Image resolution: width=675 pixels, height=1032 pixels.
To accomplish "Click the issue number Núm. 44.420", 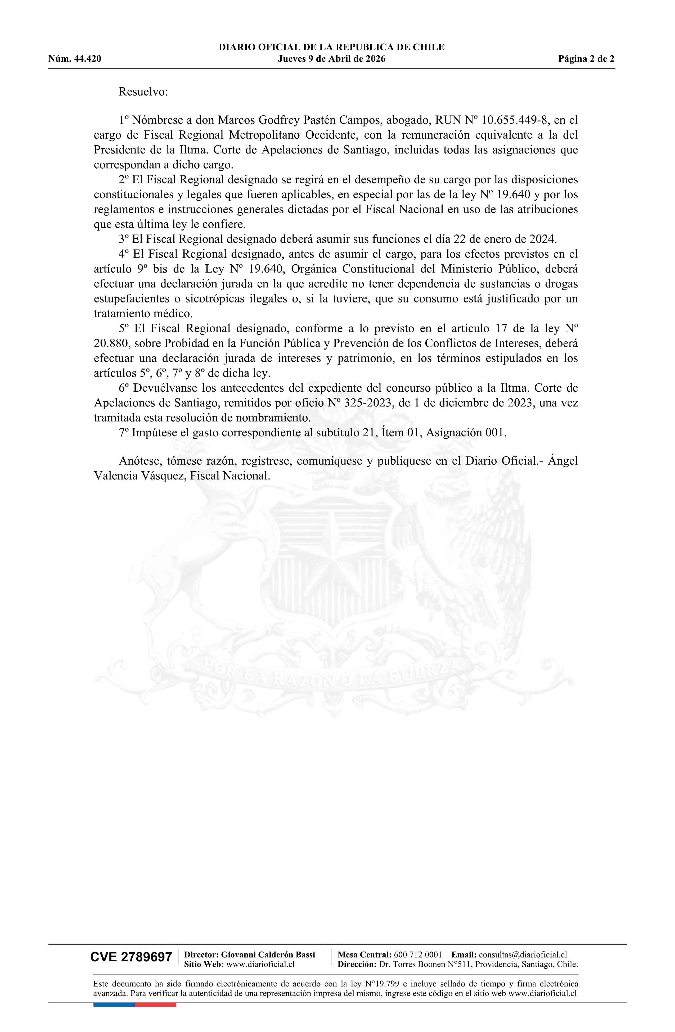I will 75,59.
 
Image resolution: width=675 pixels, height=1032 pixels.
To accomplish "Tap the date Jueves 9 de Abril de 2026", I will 331,59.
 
